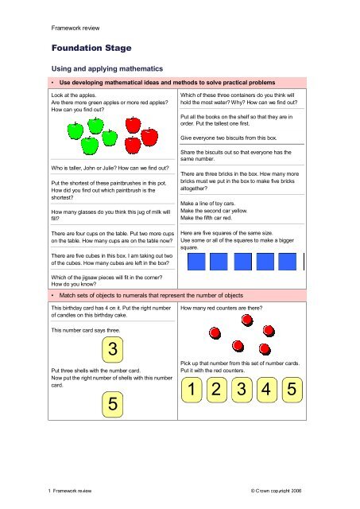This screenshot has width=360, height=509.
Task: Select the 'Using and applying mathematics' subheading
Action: pos(106,70)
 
